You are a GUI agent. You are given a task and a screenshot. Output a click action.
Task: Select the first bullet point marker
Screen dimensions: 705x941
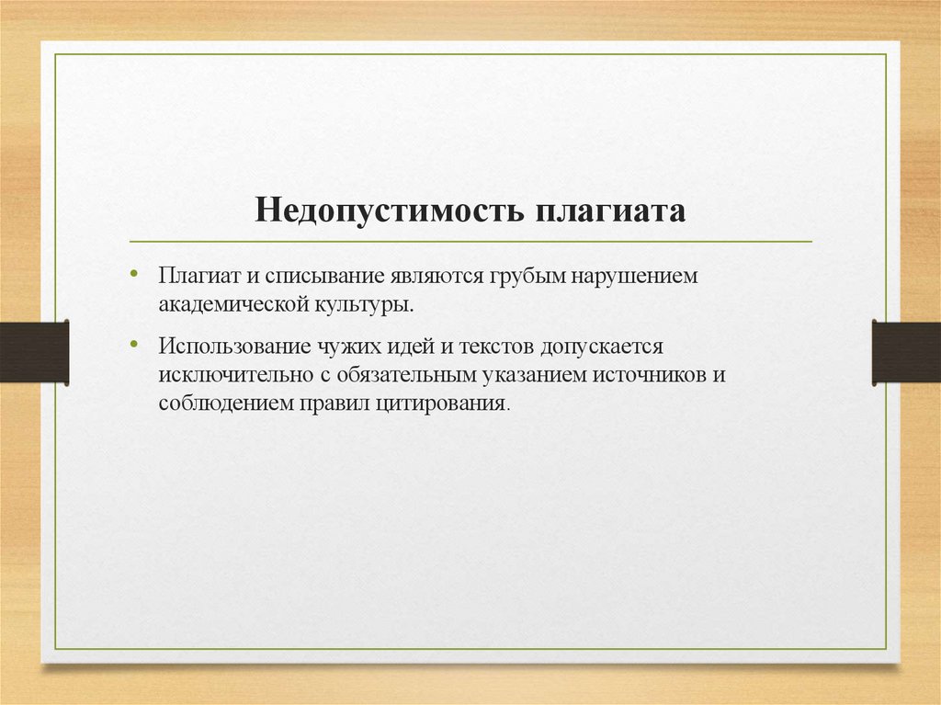[134, 274]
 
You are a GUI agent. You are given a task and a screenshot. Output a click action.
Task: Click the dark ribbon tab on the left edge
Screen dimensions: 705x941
[34, 352]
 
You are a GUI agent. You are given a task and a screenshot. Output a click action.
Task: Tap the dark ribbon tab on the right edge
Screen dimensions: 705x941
[906, 352]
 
